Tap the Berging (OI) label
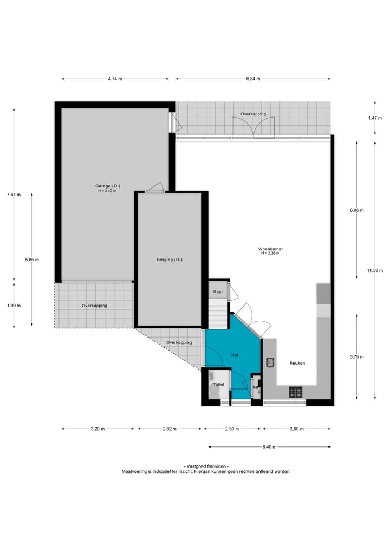click(x=170, y=260)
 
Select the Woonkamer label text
click(x=270, y=249)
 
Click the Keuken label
click(x=298, y=363)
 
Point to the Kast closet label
click(x=218, y=291)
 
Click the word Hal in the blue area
click(x=235, y=355)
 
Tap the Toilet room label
click(x=218, y=384)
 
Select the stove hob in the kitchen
click(x=296, y=392)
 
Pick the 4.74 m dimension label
click(x=115, y=79)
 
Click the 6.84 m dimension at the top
click(x=253, y=79)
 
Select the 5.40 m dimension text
click(x=269, y=447)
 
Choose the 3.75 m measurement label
click(x=357, y=356)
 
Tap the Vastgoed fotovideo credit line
click(x=206, y=466)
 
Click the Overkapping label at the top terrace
click(x=253, y=114)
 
